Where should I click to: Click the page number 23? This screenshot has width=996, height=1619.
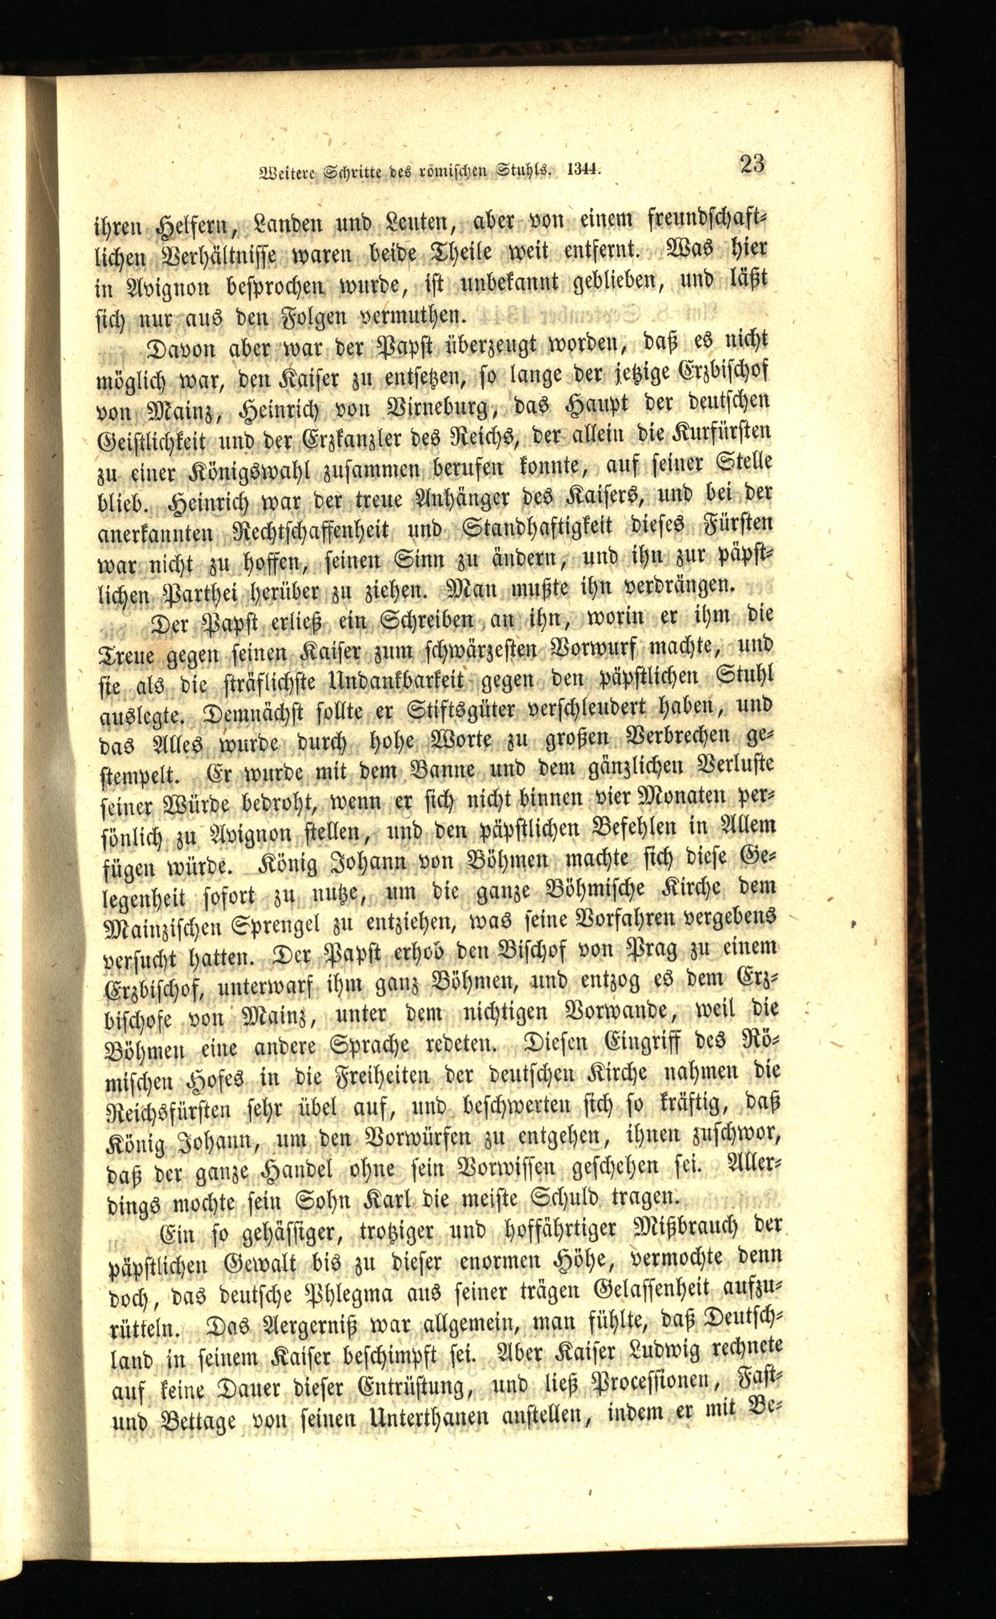[752, 163]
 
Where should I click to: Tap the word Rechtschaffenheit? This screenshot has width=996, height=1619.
[312, 532]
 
